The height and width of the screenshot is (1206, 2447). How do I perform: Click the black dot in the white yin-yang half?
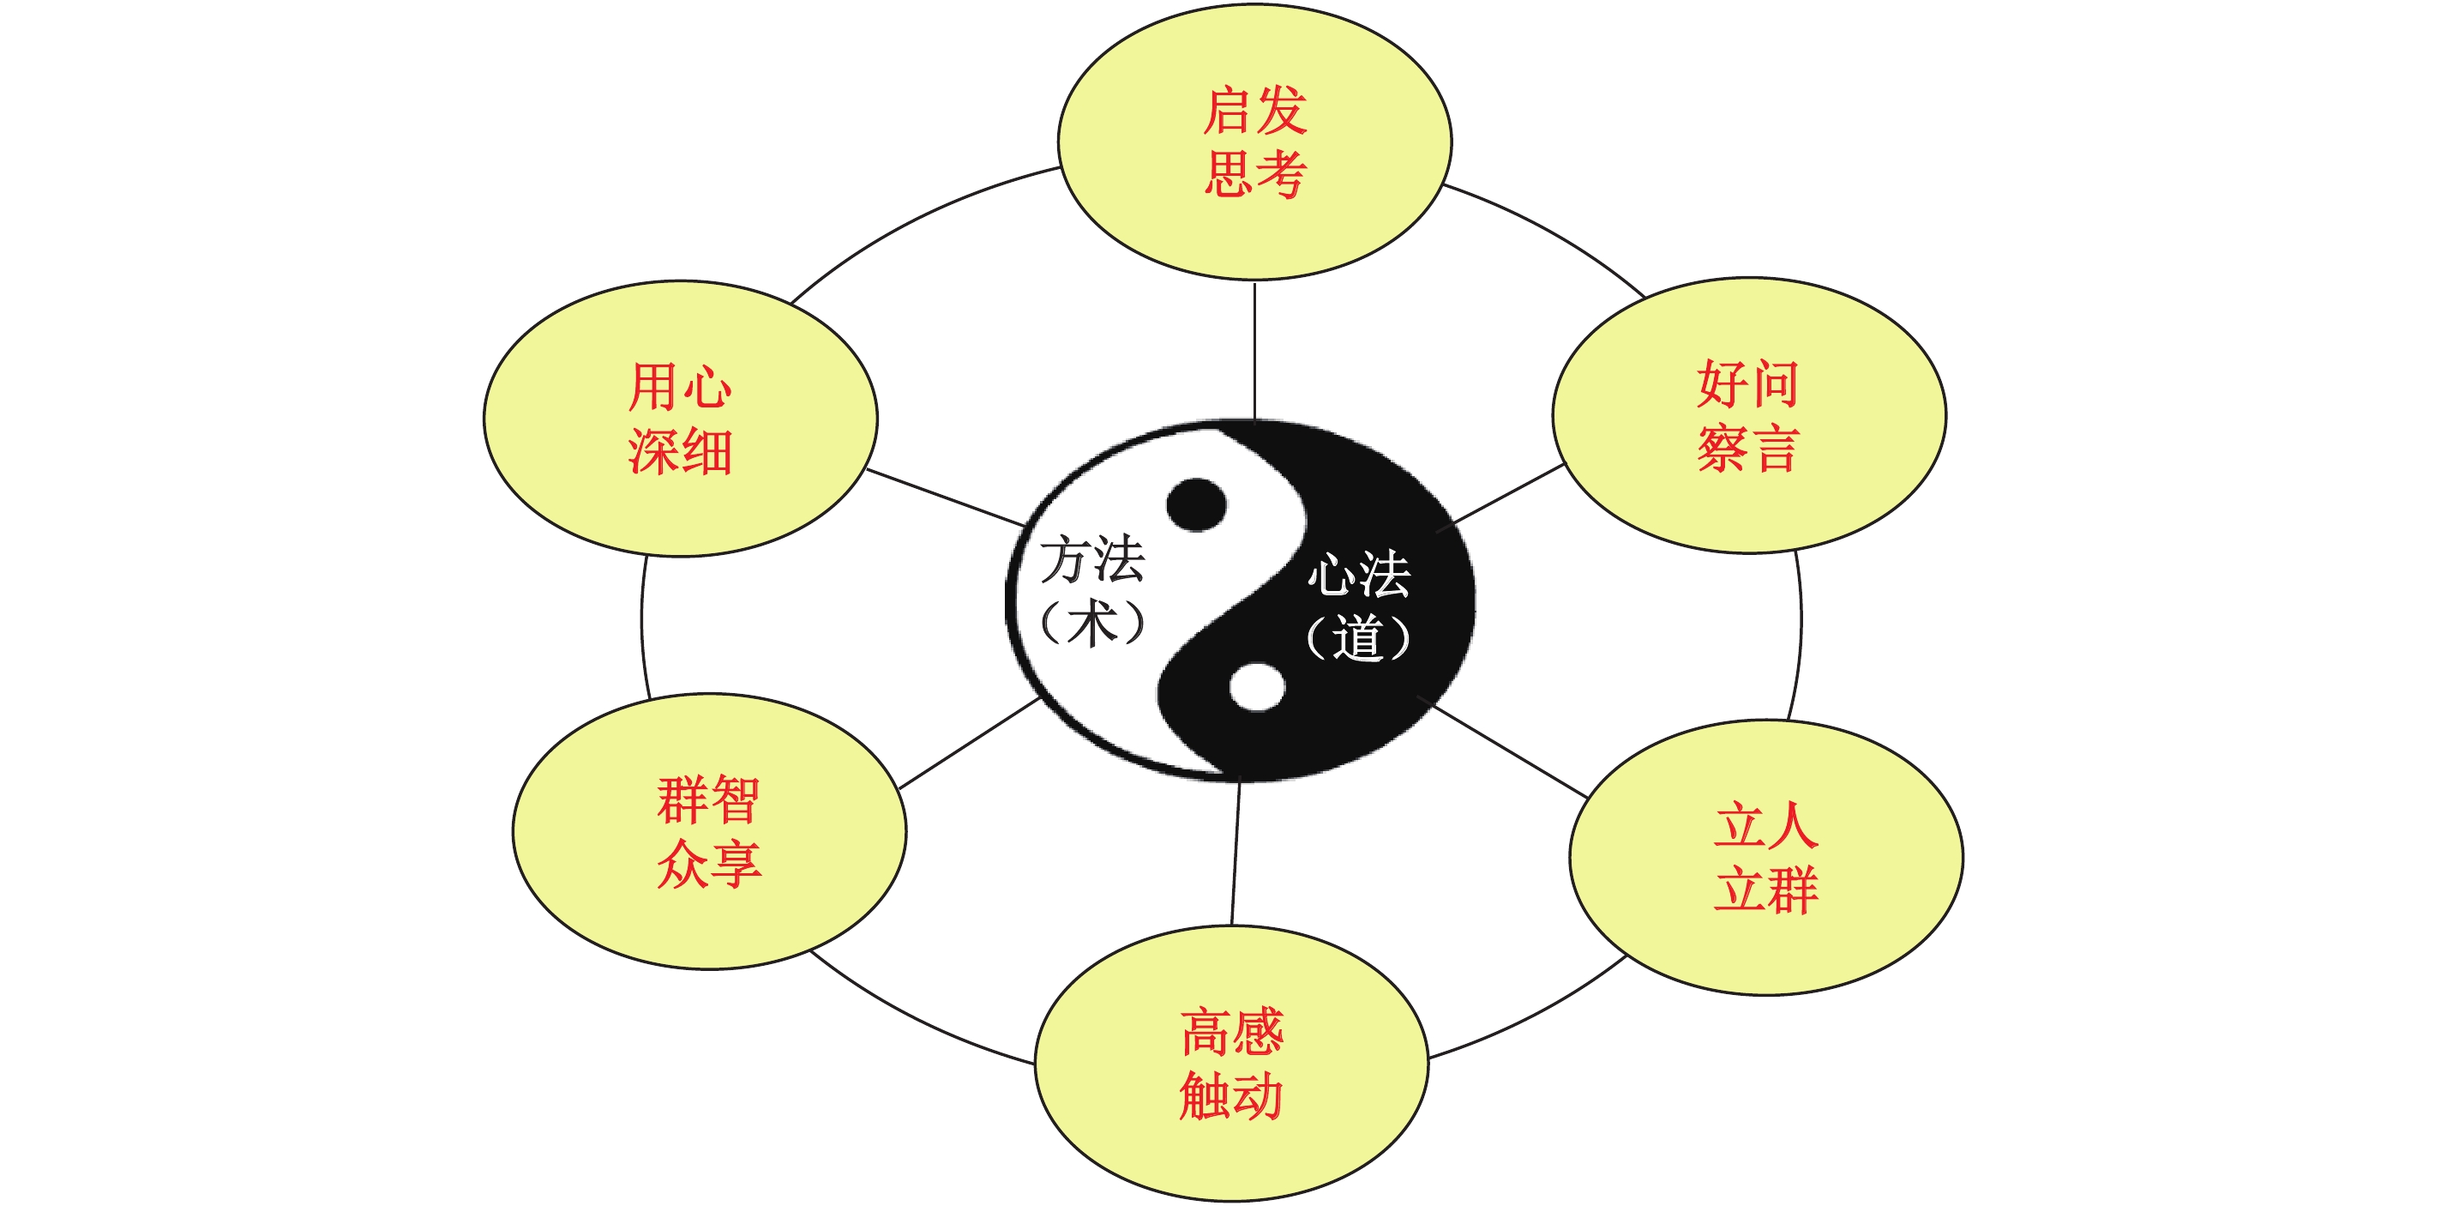click(x=1196, y=504)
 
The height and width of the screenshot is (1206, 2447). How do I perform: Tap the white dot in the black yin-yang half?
click(x=1257, y=687)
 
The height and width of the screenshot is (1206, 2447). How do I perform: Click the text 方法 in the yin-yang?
click(x=1092, y=558)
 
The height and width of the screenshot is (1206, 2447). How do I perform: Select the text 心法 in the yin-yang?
click(x=1358, y=574)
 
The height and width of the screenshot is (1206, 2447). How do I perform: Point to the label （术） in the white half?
click(x=1092, y=624)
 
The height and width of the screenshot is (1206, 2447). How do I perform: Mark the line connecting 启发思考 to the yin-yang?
click(x=1255, y=350)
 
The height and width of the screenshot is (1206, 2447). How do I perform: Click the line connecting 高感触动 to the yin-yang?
click(x=1236, y=853)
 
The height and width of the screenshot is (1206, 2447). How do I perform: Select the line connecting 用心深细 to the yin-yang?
click(x=945, y=497)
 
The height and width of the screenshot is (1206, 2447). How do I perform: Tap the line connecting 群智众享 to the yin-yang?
click(x=969, y=743)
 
